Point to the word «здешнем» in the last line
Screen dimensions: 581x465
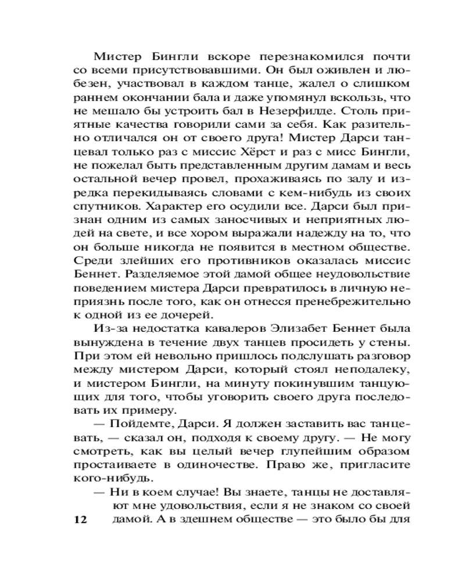[x=185, y=519]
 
